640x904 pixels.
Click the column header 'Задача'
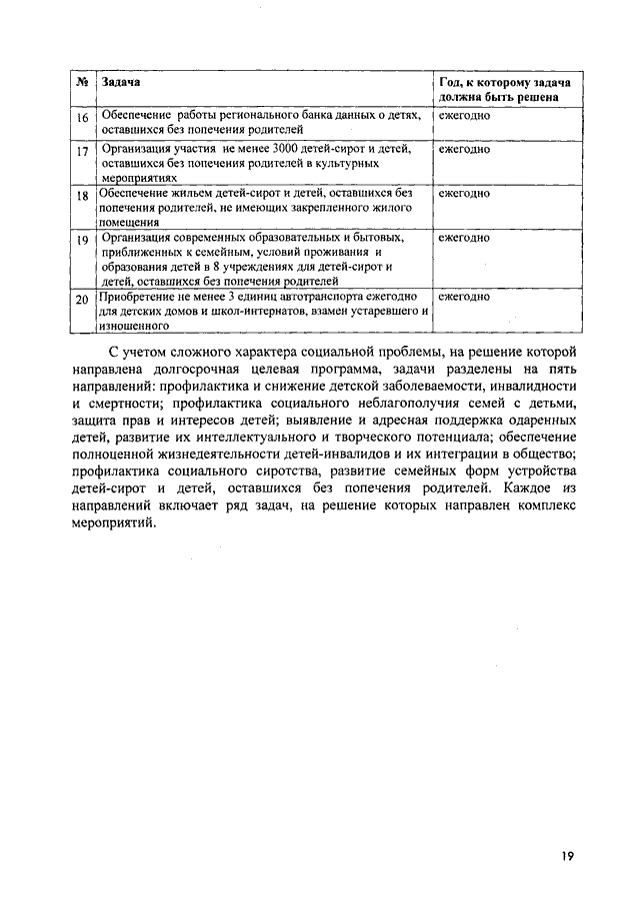(x=121, y=80)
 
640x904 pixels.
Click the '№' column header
(x=84, y=80)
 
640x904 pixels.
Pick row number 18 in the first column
(x=84, y=197)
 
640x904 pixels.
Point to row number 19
(x=84, y=241)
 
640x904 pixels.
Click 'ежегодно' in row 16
(x=465, y=115)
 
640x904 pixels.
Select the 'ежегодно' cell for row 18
(x=465, y=192)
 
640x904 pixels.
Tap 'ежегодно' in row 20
(x=465, y=297)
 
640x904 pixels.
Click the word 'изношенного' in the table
(x=132, y=325)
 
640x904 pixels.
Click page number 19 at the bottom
(x=567, y=856)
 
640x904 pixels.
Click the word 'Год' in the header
(x=452, y=80)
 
